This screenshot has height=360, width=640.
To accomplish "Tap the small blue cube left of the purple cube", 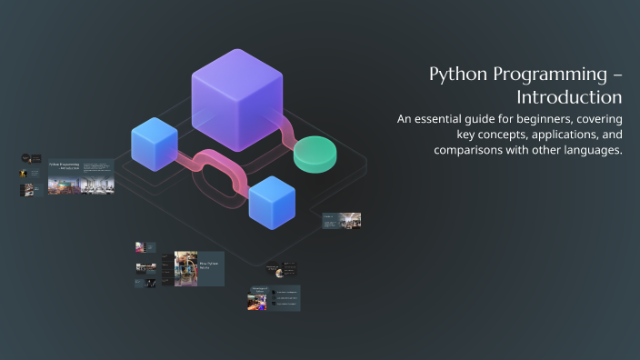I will tap(154, 144).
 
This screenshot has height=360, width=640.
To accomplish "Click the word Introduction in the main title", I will tap(569, 97).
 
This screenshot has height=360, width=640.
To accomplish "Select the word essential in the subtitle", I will tap(448, 118).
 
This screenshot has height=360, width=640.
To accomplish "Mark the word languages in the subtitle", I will tap(590, 150).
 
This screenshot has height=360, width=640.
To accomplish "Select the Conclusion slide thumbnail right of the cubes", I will tap(341, 220).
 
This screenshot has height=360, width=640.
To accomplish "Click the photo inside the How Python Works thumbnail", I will tap(185, 269).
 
